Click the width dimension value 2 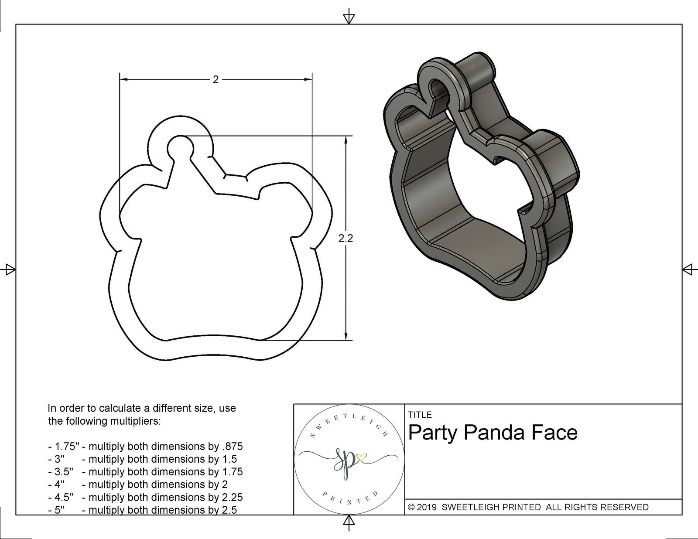pyautogui.click(x=216, y=79)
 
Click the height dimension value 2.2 pyautogui.click(x=346, y=239)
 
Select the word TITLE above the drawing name pyautogui.click(x=420, y=415)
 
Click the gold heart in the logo pyautogui.click(x=361, y=457)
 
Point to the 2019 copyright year pyautogui.click(x=427, y=507)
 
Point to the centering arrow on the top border pyautogui.click(x=349, y=18)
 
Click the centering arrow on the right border pyautogui.click(x=688, y=269)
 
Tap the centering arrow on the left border pyautogui.click(x=9, y=269)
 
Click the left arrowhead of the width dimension pyautogui.click(x=123, y=79)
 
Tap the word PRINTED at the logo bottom pyautogui.click(x=349, y=498)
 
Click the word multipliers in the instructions pyautogui.click(x=134, y=421)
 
